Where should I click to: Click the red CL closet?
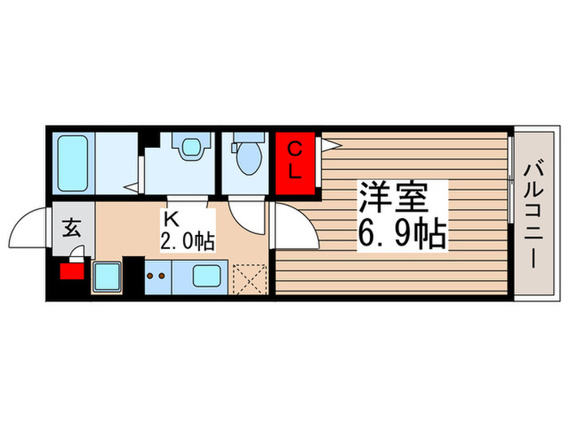[x=296, y=160]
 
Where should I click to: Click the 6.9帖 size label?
[x=400, y=235]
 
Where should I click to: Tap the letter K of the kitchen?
[x=171, y=219]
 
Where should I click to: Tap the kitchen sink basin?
[x=209, y=277]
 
